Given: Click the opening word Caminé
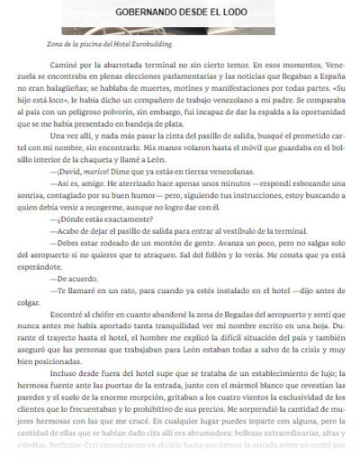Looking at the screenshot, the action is coord(65,64).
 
